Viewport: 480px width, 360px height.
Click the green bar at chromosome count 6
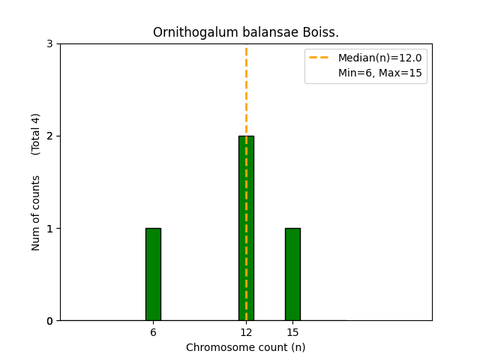tap(153, 274)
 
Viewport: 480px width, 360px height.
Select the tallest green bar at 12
tap(246, 228)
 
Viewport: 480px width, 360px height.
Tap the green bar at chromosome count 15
tap(292, 274)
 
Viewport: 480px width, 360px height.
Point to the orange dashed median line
tap(246, 90)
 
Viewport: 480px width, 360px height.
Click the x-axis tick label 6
tap(153, 332)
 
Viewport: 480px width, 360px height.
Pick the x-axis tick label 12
tap(246, 332)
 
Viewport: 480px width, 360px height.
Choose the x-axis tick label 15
tap(292, 332)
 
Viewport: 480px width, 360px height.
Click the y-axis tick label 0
tap(49, 321)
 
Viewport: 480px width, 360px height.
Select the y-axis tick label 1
tap(49, 229)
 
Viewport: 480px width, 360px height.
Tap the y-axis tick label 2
tap(49, 136)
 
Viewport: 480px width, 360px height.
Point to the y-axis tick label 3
tap(49, 44)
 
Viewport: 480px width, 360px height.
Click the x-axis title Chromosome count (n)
tap(246, 347)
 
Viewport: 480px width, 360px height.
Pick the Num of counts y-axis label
tap(36, 213)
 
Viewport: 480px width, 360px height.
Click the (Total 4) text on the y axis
tap(36, 133)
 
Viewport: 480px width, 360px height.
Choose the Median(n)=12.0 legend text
tap(379, 58)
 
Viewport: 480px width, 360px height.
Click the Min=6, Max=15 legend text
tap(379, 73)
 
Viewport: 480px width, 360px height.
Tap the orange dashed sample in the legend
tap(320, 58)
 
